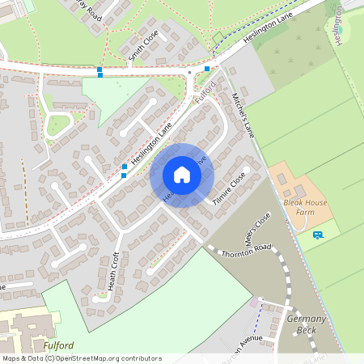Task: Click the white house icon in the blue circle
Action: (181, 175)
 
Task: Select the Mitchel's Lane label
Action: (243, 114)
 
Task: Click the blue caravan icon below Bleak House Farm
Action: (317, 235)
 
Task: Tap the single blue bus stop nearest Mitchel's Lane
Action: (208, 69)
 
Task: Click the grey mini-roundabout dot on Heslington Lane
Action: (190, 72)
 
